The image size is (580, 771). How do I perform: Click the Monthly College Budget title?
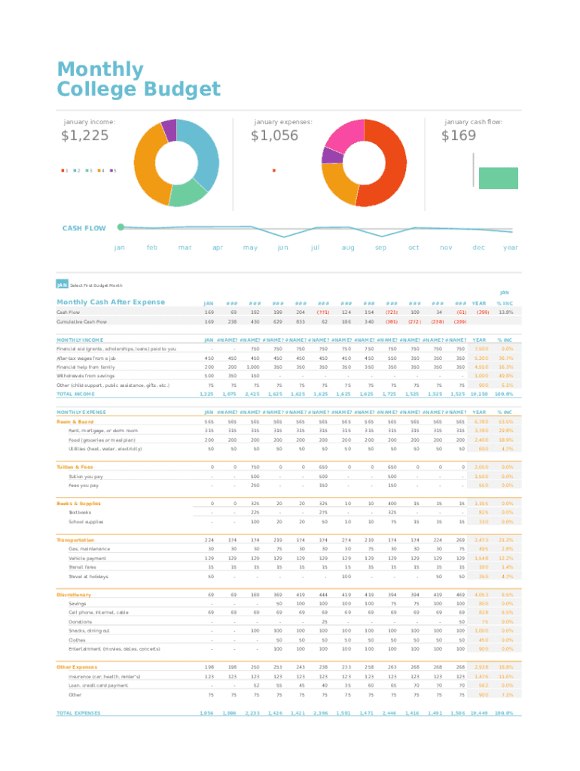point(139,80)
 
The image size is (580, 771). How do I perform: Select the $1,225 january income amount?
point(84,136)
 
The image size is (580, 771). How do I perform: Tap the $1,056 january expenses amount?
point(274,136)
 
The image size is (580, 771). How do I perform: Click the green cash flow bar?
point(498,178)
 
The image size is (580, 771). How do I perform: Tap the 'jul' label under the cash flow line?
point(315,247)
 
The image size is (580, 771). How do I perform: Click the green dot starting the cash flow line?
point(121,226)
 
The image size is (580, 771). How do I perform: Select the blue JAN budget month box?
point(62,285)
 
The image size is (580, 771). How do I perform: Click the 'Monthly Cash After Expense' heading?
point(111,302)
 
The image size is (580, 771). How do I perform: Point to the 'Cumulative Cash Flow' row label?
point(81,322)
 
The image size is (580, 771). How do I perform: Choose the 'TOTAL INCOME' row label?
point(75,394)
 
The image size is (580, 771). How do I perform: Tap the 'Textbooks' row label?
point(80,512)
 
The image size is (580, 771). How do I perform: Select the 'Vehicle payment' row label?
point(88,558)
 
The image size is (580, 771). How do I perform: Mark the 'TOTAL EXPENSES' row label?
point(78,713)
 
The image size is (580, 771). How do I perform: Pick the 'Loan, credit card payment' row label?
point(99,686)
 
